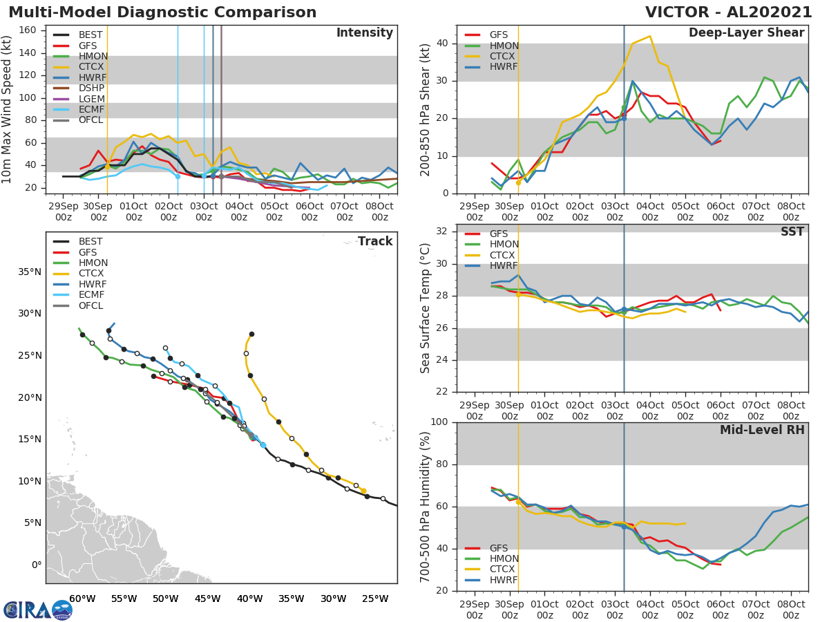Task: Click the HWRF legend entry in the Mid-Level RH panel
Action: click(x=499, y=580)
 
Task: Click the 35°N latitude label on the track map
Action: click(x=30, y=272)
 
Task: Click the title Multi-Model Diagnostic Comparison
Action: click(x=162, y=12)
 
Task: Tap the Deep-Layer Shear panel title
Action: click(x=746, y=33)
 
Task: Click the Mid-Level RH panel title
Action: click(x=762, y=430)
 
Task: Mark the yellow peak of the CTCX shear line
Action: click(x=649, y=36)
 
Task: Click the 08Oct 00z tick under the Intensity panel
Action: click(x=380, y=211)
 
